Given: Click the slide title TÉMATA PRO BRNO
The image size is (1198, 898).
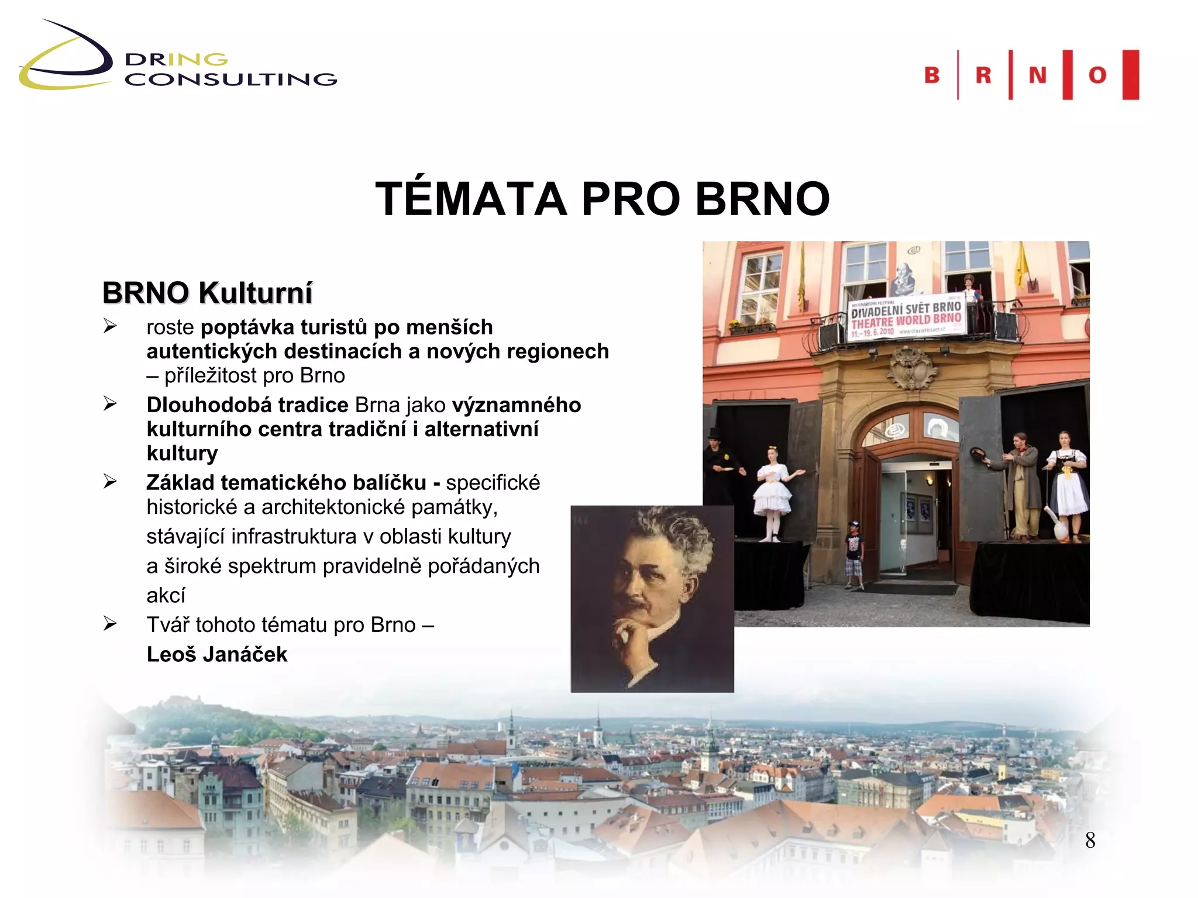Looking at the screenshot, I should click(x=602, y=199).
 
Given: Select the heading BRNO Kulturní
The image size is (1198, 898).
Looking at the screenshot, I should click(x=207, y=293).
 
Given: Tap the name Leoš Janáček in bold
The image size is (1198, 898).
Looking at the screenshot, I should click(x=217, y=654).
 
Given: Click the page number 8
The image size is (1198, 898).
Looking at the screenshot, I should click(x=1090, y=840).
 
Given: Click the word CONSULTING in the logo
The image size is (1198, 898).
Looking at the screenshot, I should click(x=231, y=80).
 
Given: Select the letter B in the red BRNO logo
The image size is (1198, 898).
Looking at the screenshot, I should click(x=932, y=75).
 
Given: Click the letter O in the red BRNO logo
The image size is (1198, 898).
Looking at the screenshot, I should click(x=1097, y=75).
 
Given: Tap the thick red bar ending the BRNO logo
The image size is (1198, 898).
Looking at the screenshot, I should click(x=1131, y=75).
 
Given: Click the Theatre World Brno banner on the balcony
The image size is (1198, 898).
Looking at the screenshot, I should click(x=906, y=319).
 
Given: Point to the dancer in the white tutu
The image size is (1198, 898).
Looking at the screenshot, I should click(x=772, y=491).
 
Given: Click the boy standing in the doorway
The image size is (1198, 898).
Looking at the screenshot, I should click(x=854, y=552).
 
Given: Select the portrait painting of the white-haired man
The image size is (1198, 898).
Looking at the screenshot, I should click(x=652, y=599).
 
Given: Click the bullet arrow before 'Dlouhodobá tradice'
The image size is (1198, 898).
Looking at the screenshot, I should click(x=110, y=404).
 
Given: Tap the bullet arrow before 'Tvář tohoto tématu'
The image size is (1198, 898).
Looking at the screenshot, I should click(x=110, y=624).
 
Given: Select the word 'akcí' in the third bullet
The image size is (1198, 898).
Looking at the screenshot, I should click(x=166, y=595).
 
